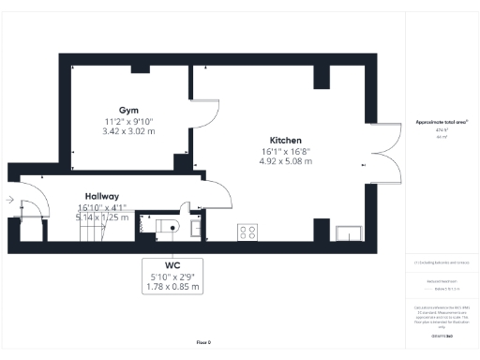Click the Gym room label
(x=128, y=110)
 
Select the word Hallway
(x=102, y=196)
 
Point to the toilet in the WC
(x=170, y=226)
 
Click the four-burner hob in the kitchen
(x=249, y=232)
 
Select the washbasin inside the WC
(x=196, y=228)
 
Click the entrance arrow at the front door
(x=9, y=199)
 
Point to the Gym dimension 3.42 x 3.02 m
(x=128, y=131)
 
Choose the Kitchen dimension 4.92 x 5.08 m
(x=285, y=160)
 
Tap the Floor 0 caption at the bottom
(x=203, y=343)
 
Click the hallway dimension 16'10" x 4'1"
(x=101, y=207)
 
